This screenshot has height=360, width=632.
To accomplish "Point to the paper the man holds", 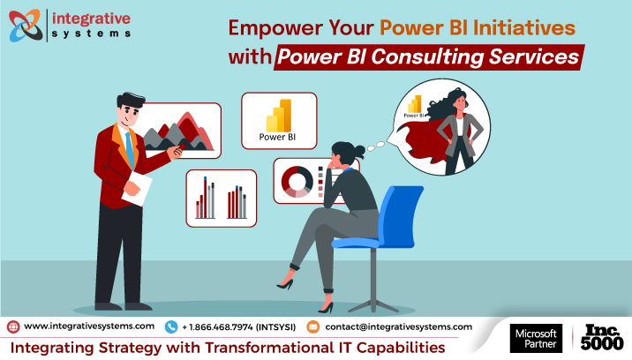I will click(137, 191).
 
